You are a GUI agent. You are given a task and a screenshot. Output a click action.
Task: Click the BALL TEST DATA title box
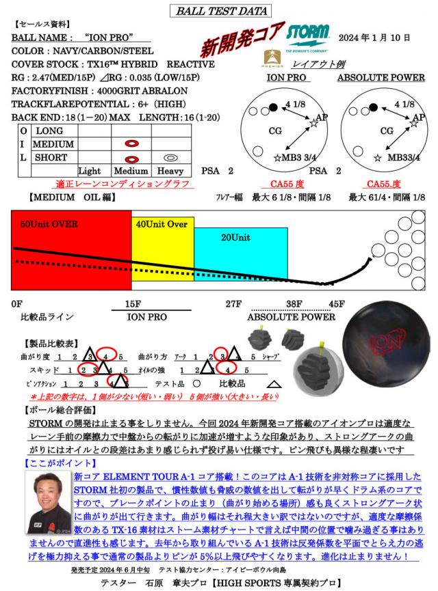(x=220, y=10)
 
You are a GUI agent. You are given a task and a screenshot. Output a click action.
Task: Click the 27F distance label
(x=235, y=304)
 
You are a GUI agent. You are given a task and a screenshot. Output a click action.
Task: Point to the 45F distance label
(x=337, y=304)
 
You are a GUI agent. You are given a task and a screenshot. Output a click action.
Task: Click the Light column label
(x=90, y=170)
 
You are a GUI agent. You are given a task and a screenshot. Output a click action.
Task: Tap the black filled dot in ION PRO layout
(x=274, y=107)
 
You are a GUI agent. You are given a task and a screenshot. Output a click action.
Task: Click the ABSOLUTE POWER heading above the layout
(x=381, y=78)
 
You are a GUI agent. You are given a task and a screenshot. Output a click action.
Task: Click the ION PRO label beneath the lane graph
(x=146, y=317)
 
